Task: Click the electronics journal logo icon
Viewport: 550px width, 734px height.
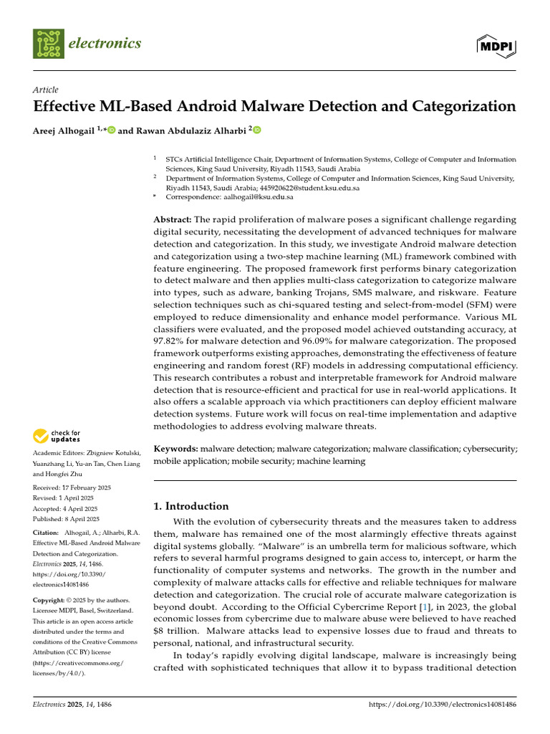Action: [x=48, y=44]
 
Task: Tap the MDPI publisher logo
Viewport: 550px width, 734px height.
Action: [x=496, y=45]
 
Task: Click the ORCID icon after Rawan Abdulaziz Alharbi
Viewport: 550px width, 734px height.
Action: [x=257, y=130]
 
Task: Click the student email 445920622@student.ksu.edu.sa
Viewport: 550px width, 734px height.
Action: [x=309, y=187]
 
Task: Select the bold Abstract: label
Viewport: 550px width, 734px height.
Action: [x=173, y=219]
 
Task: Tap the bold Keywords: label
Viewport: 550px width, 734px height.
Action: [x=176, y=448]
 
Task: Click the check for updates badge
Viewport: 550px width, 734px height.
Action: [x=55, y=435]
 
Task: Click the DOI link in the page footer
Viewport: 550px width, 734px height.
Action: [x=442, y=705]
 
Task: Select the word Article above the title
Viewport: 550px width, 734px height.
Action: [x=46, y=90]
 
